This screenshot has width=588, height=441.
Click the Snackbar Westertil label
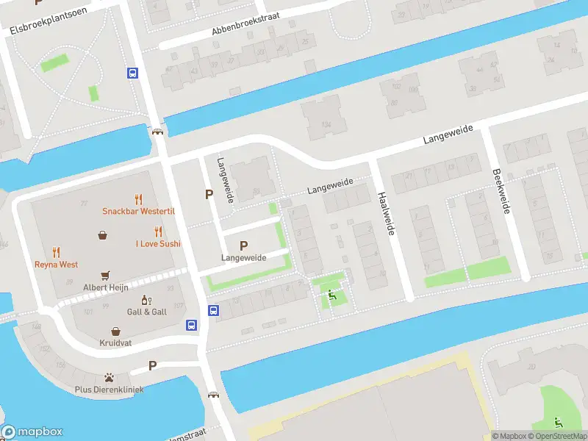[138, 212]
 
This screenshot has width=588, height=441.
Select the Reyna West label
[57, 264]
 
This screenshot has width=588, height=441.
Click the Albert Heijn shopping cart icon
[105, 275]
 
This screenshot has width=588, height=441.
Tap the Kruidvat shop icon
[115, 331]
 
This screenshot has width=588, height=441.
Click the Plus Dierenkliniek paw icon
[109, 377]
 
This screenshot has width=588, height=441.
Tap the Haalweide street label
[386, 214]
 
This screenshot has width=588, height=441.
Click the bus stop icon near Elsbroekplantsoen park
[133, 73]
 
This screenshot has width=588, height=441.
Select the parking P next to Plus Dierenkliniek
[153, 365]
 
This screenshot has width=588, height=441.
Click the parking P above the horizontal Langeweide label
[243, 245]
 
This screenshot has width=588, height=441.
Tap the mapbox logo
[32, 431]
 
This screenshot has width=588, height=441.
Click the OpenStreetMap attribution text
[555, 436]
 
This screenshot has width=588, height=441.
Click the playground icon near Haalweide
[331, 295]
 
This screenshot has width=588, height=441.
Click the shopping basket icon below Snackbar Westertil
[102, 235]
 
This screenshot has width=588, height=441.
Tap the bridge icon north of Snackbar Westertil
[157, 132]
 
